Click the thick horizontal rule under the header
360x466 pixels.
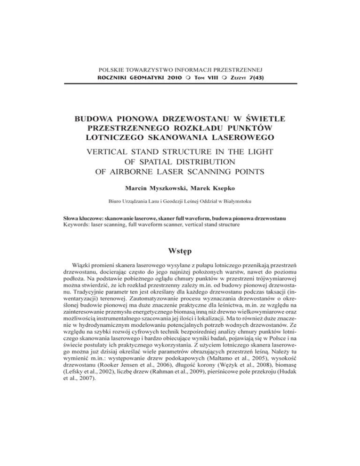click(x=180, y=83)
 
